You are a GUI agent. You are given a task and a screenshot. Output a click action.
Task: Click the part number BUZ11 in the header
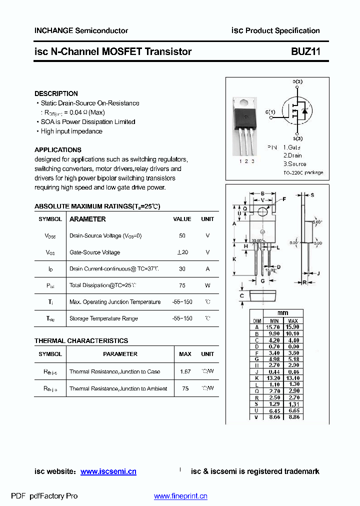[305, 51]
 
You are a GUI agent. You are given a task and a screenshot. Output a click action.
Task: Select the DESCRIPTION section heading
[56, 93]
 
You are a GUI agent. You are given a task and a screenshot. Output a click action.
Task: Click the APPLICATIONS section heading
[57, 149]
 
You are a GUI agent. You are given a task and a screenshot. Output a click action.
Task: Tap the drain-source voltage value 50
[182, 235]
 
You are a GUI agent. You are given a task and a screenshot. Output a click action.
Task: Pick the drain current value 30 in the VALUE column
[182, 268]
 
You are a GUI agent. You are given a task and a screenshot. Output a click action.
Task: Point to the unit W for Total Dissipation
[207, 285]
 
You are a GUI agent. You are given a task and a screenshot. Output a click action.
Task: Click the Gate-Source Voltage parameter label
[94, 252]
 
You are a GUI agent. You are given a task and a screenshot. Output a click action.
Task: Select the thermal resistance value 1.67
[185, 371]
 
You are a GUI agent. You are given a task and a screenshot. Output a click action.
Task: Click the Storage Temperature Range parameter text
[103, 318]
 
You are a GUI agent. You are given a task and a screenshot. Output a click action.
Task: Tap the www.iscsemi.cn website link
[108, 471]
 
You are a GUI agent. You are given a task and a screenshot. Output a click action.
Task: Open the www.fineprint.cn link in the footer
[180, 496]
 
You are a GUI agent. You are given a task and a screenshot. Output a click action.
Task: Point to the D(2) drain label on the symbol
[297, 81]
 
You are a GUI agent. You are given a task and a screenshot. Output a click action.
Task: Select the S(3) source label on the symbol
[297, 138]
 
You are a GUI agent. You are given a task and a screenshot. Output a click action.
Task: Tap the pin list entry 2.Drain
[292, 155]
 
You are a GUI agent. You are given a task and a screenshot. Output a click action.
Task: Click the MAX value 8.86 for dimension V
[293, 416]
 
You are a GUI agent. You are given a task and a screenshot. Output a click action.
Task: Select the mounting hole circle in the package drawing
[263, 212]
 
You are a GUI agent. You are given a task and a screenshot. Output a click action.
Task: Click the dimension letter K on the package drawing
[234, 259]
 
